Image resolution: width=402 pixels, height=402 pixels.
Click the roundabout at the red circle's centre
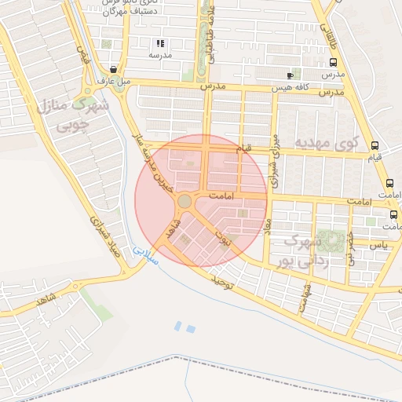(x=185, y=202)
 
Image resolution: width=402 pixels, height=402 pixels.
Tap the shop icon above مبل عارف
(x=115, y=69)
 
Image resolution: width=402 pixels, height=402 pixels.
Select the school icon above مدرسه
(x=160, y=44)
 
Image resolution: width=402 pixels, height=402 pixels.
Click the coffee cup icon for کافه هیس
(x=291, y=75)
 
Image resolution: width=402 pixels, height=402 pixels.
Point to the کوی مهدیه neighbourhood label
(x=326, y=142)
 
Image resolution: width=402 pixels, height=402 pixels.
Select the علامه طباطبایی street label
(x=210, y=35)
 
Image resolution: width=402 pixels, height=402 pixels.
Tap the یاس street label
(x=380, y=245)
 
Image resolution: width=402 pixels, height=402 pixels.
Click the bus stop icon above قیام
(x=375, y=145)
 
